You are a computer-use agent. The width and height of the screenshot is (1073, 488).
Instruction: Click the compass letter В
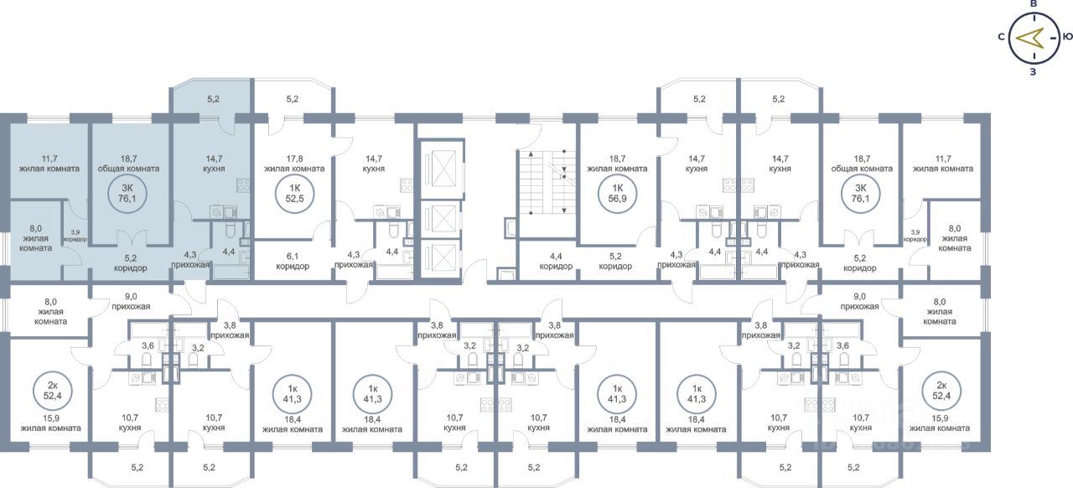pyautogui.click(x=1034, y=5)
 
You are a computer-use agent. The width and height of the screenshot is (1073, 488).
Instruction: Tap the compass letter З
pyautogui.click(x=1034, y=71)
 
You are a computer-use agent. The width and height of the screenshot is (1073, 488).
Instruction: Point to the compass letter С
pyautogui.click(x=1002, y=37)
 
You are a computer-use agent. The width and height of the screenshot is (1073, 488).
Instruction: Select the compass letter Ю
pyautogui.click(x=1067, y=37)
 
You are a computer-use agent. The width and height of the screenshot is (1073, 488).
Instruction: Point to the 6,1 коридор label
pyautogui.click(x=293, y=261)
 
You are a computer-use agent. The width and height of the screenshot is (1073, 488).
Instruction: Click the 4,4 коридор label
pyautogui.click(x=556, y=261)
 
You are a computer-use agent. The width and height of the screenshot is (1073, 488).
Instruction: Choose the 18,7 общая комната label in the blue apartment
pyautogui.click(x=130, y=164)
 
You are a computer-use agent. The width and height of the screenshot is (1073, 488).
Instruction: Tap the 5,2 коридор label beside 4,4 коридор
pyautogui.click(x=616, y=261)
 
